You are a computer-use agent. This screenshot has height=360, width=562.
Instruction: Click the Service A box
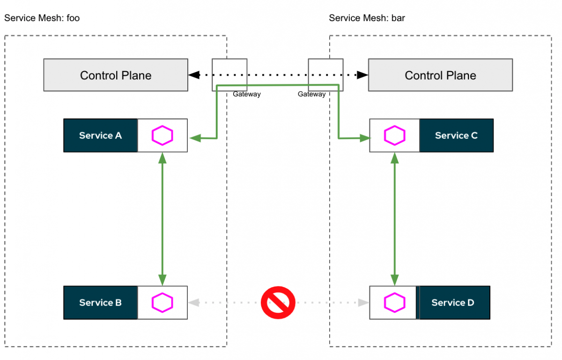[x=100, y=135]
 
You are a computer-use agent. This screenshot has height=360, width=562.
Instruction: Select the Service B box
[x=100, y=302]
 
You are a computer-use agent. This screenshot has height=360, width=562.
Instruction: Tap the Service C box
[x=456, y=135]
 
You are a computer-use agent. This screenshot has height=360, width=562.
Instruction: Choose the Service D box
[x=453, y=302]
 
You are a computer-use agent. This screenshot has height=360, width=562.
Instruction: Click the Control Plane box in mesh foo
[x=116, y=75]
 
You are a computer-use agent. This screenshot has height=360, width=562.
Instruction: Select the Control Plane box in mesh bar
[x=440, y=75]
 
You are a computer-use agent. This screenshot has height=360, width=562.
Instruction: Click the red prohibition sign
[x=278, y=302]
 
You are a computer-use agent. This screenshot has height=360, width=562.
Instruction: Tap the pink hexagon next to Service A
[x=163, y=135]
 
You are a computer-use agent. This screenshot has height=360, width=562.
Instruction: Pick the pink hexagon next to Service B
[x=163, y=302]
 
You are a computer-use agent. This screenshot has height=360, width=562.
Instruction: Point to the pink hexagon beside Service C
[x=394, y=135]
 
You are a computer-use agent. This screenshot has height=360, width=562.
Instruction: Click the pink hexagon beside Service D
[x=394, y=302]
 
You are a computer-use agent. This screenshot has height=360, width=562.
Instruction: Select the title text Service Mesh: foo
[x=42, y=18]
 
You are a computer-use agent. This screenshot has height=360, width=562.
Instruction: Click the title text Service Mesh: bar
[x=367, y=18]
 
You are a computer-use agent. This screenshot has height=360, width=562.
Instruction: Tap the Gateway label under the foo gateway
[x=246, y=94]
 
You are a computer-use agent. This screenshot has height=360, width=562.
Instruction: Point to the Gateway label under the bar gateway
[x=311, y=94]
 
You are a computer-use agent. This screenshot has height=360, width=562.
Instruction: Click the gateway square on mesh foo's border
[x=229, y=74]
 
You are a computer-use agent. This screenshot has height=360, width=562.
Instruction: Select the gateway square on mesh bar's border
[x=325, y=74]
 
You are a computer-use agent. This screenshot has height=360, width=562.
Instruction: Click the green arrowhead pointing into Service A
[x=194, y=138]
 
